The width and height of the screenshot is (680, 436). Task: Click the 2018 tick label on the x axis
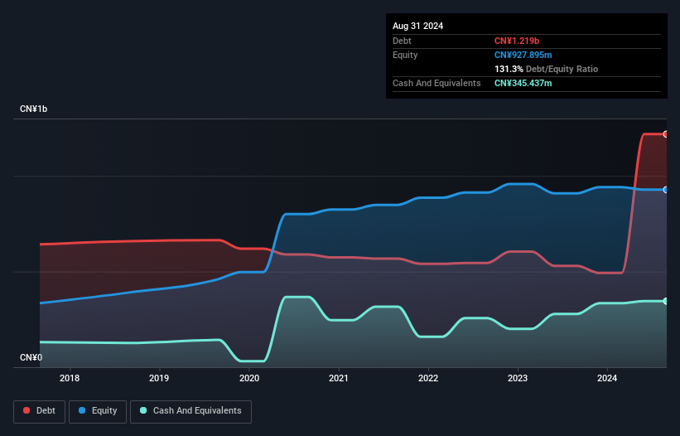coord(70,378)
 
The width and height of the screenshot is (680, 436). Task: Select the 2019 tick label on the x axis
coord(159,378)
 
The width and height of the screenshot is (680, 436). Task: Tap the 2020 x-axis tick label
coord(249,378)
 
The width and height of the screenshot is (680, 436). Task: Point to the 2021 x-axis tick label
coord(339,378)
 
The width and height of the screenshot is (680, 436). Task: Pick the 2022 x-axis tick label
coord(428,378)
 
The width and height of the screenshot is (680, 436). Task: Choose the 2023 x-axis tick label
coord(518,378)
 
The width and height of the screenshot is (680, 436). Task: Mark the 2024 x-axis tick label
coord(607,378)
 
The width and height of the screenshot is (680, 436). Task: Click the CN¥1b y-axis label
coord(34,109)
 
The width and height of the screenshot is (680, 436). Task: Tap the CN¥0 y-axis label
coord(31,358)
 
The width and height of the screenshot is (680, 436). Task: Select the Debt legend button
coord(39,411)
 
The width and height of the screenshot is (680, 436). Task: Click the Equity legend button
coord(98,411)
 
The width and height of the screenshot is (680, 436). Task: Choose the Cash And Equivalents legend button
coord(190,411)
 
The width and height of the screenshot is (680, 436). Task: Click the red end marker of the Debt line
coord(666,134)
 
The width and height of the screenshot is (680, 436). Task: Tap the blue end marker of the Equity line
coord(666,190)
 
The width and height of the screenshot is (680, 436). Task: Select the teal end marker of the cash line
coord(666,301)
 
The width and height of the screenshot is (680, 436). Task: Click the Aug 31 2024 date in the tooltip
coord(418,26)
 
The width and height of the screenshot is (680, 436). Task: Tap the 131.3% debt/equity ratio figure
coord(509,70)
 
